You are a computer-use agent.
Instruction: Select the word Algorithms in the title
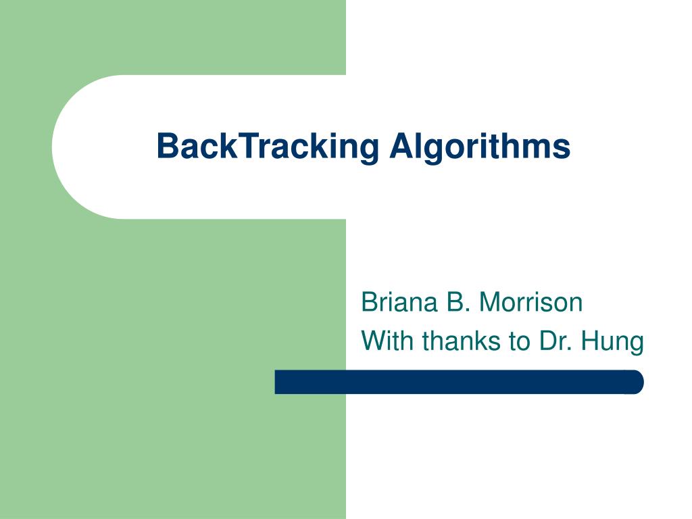tap(480, 147)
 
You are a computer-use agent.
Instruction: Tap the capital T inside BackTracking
tap(242, 147)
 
